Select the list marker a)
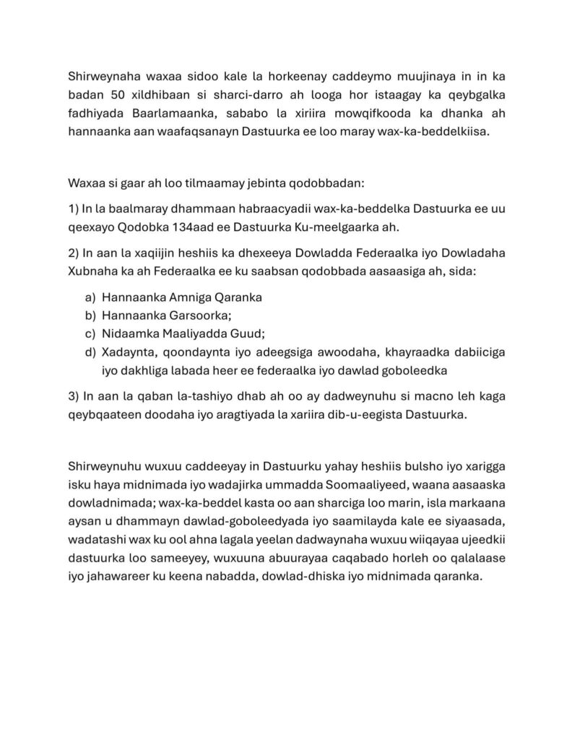(90, 297)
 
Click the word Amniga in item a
(191, 297)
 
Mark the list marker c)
(90, 333)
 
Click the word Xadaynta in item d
(127, 352)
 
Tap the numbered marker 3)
(74, 397)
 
